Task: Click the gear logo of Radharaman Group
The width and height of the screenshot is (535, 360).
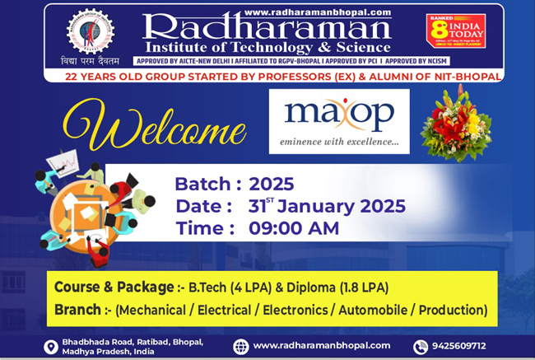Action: [91, 34]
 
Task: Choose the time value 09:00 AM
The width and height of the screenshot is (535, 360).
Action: [293, 228]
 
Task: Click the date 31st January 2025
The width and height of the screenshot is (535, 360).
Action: [327, 206]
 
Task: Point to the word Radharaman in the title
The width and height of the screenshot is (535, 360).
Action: [266, 29]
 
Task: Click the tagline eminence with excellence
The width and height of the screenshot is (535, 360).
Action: [339, 142]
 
